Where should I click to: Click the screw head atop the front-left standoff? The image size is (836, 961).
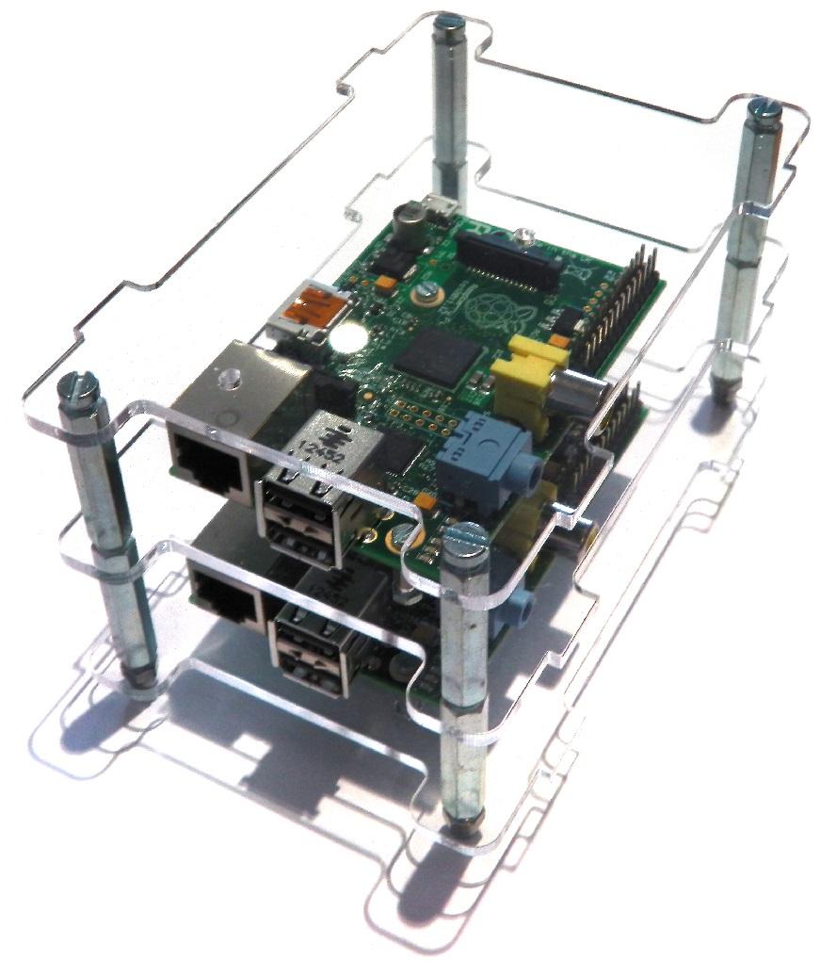[x=75, y=386]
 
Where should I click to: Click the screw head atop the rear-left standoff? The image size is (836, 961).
[x=447, y=19]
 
